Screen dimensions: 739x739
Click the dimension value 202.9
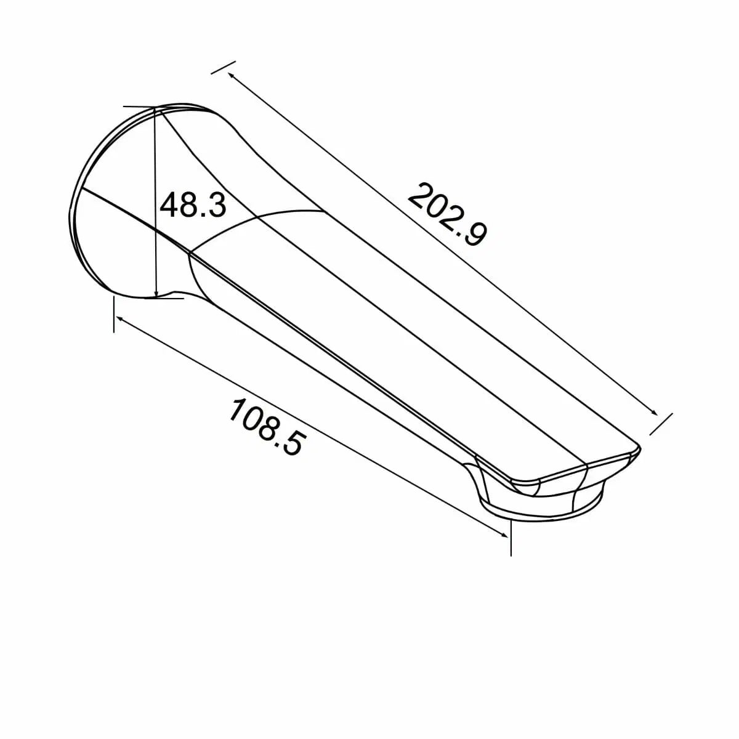point(448,214)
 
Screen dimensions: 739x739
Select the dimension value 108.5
point(266,426)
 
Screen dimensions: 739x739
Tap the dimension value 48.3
point(193,205)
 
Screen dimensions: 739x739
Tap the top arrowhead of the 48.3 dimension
point(155,113)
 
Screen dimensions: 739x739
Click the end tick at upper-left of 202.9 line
point(223,68)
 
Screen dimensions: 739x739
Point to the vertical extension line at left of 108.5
point(114,314)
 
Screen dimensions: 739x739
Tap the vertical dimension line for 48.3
point(155,246)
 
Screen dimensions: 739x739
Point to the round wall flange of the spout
point(92,203)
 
